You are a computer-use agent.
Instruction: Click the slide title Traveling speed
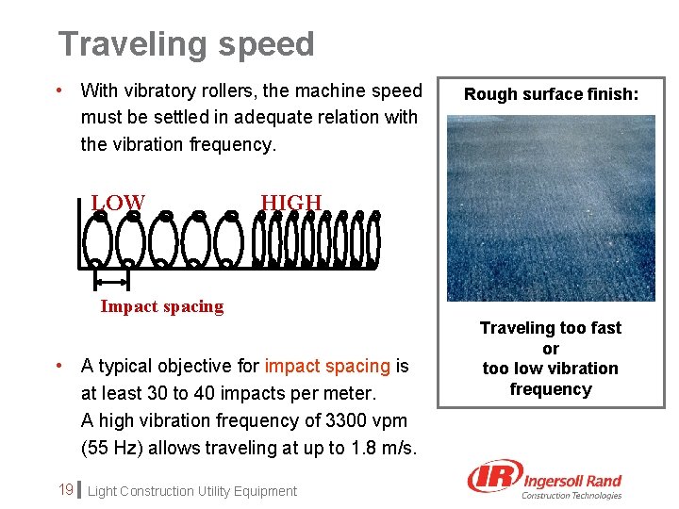pyautogui.click(x=186, y=44)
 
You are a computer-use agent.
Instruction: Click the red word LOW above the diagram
pyautogui.click(x=118, y=203)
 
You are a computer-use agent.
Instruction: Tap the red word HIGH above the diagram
pyautogui.click(x=290, y=203)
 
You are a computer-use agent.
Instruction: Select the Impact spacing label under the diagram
pyautogui.click(x=162, y=306)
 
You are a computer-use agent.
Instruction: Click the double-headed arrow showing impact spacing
pyautogui.click(x=111, y=282)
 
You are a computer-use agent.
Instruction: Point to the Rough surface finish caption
pyautogui.click(x=551, y=94)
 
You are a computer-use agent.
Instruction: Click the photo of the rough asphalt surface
pyautogui.click(x=551, y=207)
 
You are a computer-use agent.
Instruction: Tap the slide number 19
pyautogui.click(x=66, y=489)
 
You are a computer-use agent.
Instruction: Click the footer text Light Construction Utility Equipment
pyautogui.click(x=192, y=491)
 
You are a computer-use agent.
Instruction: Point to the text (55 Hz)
pyautogui.click(x=115, y=448)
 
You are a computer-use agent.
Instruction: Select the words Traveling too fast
pyautogui.click(x=551, y=328)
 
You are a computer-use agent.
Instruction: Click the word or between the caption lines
pyautogui.click(x=551, y=349)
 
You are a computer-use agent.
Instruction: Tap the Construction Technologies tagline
pyautogui.click(x=571, y=496)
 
